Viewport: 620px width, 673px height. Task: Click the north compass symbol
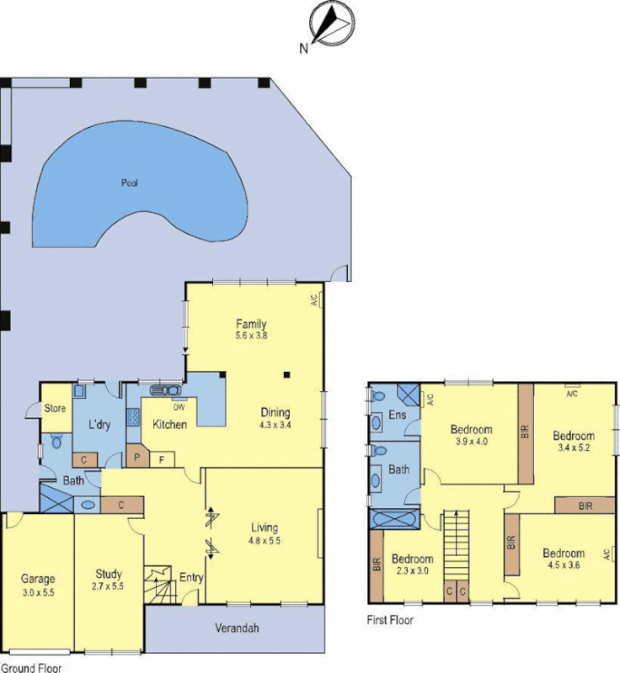(329, 23)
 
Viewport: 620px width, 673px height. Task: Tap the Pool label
(129, 182)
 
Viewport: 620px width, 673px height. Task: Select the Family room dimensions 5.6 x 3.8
(251, 336)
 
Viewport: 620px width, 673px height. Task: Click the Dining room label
(275, 413)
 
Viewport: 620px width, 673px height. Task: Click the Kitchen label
(169, 424)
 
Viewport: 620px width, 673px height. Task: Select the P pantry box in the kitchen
(136, 458)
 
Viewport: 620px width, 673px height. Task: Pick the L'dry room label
(99, 425)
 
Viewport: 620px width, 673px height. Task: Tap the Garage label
(38, 579)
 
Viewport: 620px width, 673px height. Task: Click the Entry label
(191, 578)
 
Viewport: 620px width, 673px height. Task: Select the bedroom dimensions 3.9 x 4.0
(472, 441)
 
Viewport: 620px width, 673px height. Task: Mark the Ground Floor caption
(29, 666)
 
